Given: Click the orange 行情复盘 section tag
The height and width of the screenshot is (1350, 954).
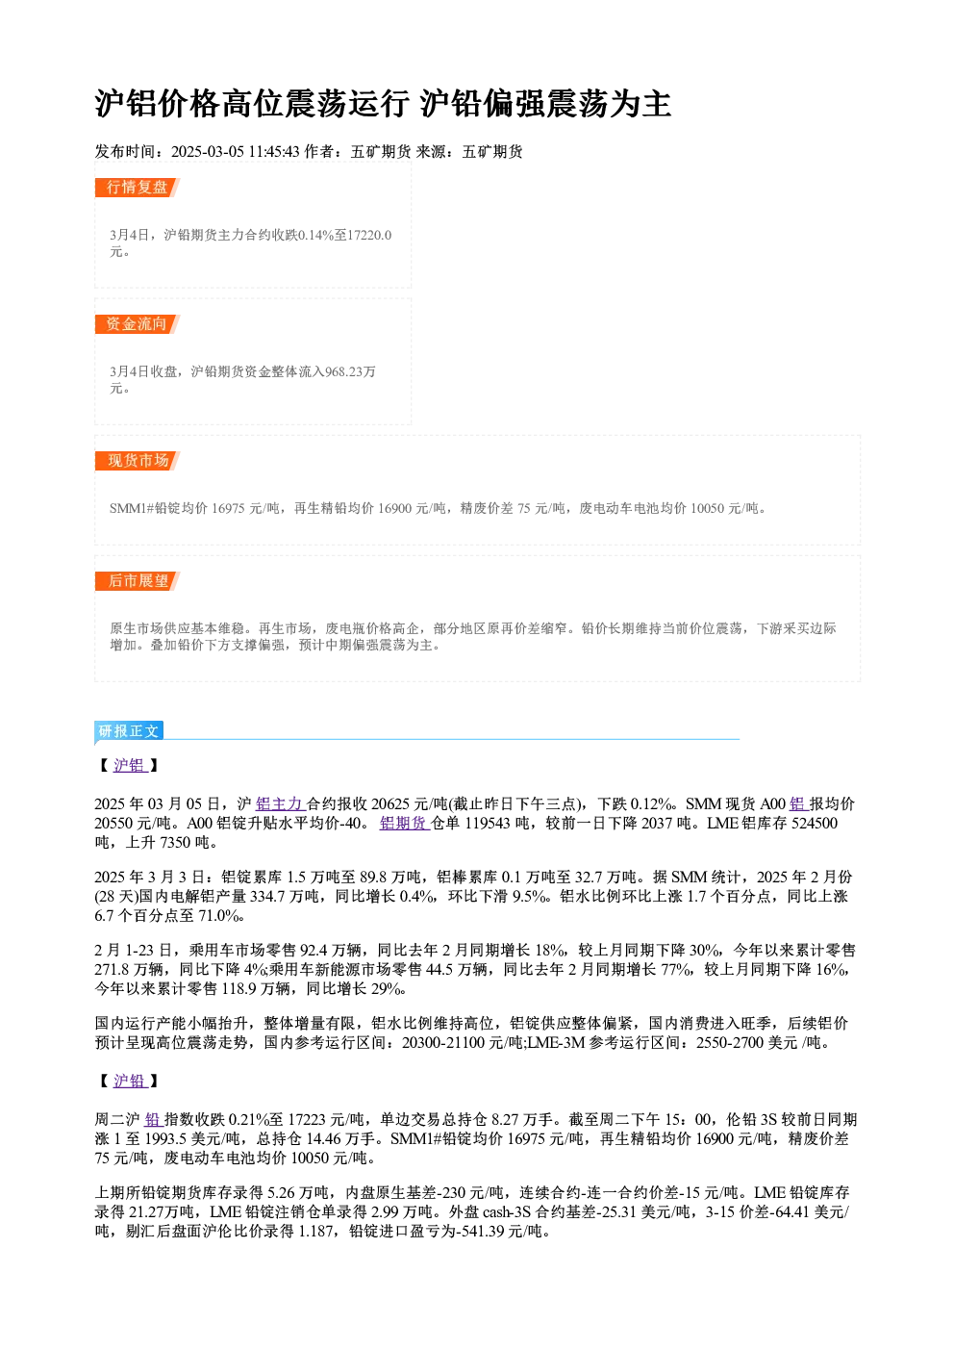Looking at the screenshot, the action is pos(137,188).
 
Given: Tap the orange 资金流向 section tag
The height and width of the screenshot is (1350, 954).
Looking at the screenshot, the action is pos(137,324).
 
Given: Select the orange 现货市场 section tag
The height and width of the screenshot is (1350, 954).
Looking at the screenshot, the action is pos(137,461).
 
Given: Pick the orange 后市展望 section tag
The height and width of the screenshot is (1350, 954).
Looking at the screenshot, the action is pos(137,581).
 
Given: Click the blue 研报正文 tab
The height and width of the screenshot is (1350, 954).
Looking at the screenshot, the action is pos(129,731).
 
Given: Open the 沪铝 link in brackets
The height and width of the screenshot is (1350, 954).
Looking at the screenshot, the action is pos(130,765).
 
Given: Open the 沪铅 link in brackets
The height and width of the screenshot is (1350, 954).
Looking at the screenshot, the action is pos(130,1082).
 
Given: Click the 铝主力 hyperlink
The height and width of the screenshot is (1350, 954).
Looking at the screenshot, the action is pos(280,804).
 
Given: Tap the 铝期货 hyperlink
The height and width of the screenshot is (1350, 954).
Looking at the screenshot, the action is pos(404,824).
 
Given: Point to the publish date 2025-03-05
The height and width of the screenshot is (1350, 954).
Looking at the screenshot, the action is pos(207,152).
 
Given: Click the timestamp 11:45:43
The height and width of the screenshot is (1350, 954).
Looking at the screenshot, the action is pos(274,152).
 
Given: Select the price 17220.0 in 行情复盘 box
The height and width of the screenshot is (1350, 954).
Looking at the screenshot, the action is pos(369,235).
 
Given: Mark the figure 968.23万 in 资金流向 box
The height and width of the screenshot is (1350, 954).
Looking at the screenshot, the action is pos(350,371).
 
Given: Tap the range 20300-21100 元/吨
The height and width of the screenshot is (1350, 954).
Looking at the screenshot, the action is pos(462,1043).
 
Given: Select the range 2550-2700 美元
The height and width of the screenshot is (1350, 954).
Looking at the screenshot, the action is pos(747,1043).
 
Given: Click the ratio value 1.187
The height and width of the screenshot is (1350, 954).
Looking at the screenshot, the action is pos(314,1232).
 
